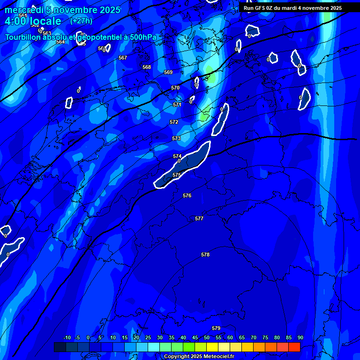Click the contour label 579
[216, 328]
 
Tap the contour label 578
[205, 255]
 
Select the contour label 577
[199, 218]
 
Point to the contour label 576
[187, 195]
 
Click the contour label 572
[174, 122]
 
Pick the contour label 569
[168, 72]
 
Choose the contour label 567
[123, 58]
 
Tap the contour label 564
[60, 42]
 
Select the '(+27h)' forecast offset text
[81, 21]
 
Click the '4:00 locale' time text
[33, 21]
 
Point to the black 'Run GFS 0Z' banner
[292, 8]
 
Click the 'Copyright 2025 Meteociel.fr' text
[198, 357]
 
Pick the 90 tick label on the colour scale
[300, 337]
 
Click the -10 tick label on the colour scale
[67, 337]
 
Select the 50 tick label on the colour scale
[207, 337]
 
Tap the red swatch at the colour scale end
[294, 347]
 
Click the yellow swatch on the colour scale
[212, 347]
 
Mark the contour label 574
[177, 156]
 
